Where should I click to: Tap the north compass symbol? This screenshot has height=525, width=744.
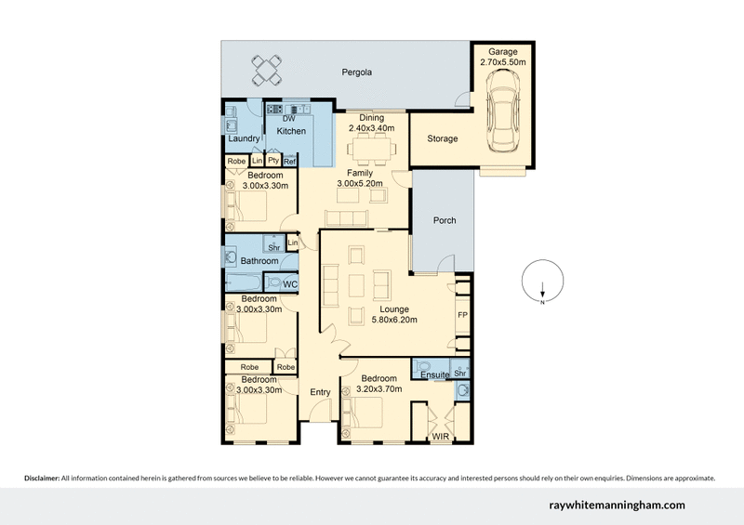pos(542,284)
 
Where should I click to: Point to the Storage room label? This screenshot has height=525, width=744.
pos(442,138)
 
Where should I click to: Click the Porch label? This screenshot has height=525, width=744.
pos(444,220)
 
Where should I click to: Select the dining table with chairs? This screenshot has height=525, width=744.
pos(374,147)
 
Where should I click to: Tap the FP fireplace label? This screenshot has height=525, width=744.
pos(462,315)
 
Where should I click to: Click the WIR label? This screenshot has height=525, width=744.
pos(440,435)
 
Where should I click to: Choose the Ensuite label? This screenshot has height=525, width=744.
pos(434,374)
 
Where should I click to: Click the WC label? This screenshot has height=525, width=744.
pos(290,283)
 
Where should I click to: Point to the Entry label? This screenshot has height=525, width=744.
pos(320,392)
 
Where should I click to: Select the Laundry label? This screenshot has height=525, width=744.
pos(243,138)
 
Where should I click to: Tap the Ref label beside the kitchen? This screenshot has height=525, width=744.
pos(289,162)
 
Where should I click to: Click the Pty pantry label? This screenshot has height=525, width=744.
pos(273,161)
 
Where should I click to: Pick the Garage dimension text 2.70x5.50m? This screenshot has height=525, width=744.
pos(504,61)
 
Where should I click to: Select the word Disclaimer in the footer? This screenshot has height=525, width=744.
pos(42,478)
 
